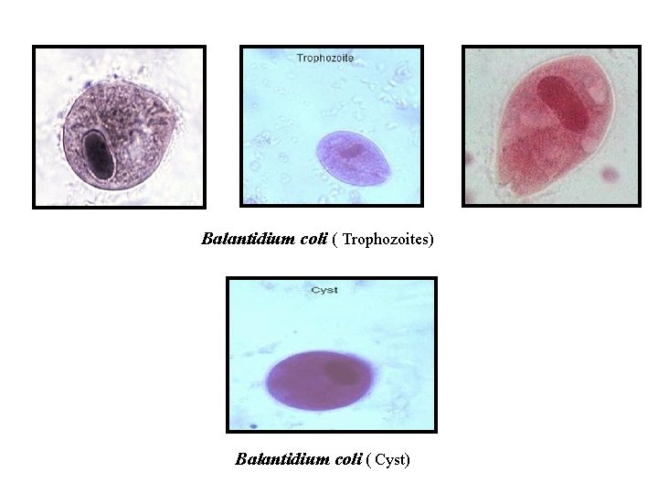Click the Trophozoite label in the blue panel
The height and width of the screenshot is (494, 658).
click(324, 58)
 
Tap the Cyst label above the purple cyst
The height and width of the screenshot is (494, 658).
click(324, 290)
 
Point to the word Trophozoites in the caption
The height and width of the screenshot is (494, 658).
click(387, 241)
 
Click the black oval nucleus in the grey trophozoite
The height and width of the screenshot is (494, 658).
click(97, 155)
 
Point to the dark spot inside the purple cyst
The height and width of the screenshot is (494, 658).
click(341, 370)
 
